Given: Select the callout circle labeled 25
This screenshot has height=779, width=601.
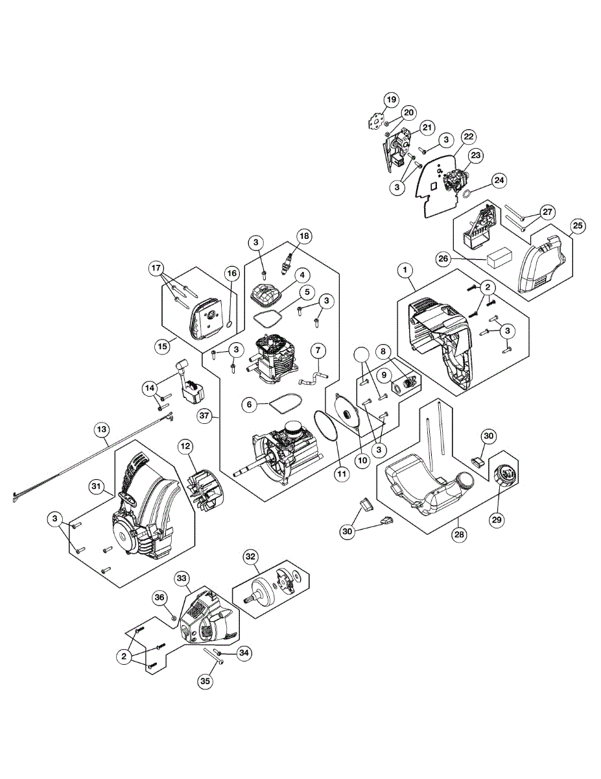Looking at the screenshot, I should click(x=577, y=226).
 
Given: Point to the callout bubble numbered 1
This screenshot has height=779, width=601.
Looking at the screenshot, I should click(x=405, y=268).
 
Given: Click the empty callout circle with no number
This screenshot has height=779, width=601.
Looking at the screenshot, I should click(x=362, y=355).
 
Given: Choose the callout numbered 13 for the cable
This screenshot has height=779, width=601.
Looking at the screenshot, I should click(x=102, y=429).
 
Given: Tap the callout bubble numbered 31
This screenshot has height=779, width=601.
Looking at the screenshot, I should click(x=97, y=486).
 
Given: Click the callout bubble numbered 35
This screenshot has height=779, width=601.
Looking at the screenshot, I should click(x=205, y=681).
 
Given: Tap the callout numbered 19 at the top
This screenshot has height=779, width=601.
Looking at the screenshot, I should click(x=391, y=100).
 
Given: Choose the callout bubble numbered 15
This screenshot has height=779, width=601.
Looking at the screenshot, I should click(x=162, y=346).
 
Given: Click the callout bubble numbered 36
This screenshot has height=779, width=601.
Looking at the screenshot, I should click(x=160, y=598).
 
